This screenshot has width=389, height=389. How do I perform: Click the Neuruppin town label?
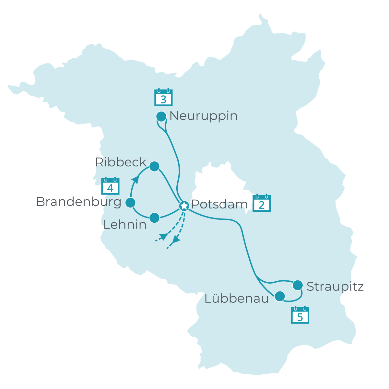203,116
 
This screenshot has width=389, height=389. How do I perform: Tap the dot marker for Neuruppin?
161,116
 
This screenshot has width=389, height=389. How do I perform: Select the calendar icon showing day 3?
163,97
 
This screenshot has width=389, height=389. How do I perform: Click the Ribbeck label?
121,162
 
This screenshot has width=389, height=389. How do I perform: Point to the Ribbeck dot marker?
154,166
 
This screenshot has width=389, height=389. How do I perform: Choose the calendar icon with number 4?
110,186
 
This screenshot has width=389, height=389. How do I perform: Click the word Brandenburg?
78,202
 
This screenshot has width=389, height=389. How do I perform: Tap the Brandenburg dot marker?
130,203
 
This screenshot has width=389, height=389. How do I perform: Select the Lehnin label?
125,225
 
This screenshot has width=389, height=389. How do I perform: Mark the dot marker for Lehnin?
154,218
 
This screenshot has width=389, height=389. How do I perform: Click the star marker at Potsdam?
184,206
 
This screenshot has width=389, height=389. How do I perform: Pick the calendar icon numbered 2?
262,203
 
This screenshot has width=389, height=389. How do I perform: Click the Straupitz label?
335,287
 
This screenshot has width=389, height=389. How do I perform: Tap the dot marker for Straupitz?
298,285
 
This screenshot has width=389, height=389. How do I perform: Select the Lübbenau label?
237,299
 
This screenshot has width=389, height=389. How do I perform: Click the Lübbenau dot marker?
280,296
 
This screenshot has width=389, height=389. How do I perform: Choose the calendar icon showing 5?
300,315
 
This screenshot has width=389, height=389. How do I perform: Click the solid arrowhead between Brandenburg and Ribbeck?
135,180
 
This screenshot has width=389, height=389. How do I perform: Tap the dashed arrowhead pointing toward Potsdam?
164,236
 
